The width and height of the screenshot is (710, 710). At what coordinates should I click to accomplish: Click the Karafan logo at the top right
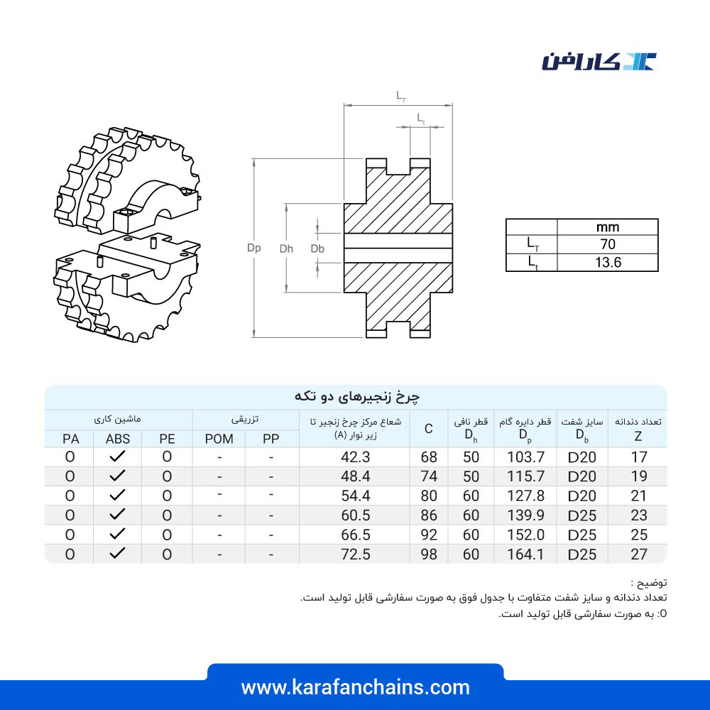(x=599, y=62)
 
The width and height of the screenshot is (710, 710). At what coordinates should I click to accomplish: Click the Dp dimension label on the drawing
(x=254, y=248)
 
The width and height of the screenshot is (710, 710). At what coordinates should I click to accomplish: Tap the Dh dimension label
(x=286, y=248)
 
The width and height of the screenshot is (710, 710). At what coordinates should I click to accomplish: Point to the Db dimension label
(x=317, y=248)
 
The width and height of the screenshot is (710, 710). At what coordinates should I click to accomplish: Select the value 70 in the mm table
(x=608, y=244)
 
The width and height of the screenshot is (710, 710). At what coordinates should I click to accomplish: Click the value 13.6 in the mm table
(x=608, y=262)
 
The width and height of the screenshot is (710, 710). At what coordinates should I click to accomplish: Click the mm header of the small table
(x=608, y=227)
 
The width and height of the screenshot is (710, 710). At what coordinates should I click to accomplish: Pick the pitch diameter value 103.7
(x=525, y=457)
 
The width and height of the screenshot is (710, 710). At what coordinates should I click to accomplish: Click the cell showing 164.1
(x=525, y=555)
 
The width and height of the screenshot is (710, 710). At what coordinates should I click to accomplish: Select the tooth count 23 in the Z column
(x=639, y=515)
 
